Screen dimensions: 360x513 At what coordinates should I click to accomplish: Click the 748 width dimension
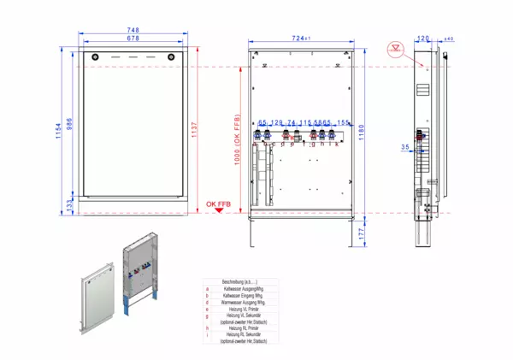[x=133, y=31]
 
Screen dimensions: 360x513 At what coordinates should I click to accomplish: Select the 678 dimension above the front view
[x=133, y=38]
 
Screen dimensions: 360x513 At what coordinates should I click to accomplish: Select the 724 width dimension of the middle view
[x=298, y=38]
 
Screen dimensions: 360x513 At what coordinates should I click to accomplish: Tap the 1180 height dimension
[x=363, y=127]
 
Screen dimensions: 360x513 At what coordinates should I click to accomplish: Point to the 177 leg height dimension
[x=363, y=231]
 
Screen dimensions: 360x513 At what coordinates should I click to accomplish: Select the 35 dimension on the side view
[x=404, y=147]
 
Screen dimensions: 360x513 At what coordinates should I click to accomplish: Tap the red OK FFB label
[x=217, y=204]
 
